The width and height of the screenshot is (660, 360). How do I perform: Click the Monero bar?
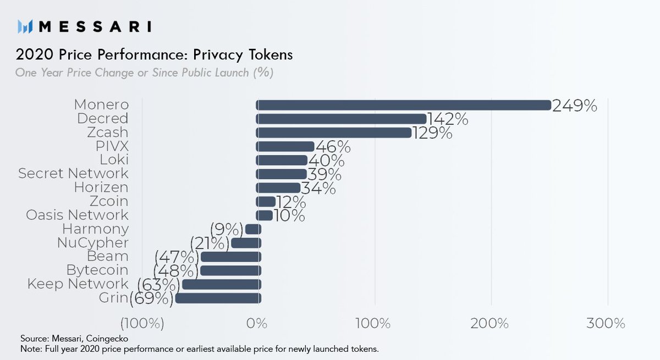tap(404, 105)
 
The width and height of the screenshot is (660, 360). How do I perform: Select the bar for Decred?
tap(342, 119)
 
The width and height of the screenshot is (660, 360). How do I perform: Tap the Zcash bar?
tap(334, 132)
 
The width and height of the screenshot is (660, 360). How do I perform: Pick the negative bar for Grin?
tap(218, 298)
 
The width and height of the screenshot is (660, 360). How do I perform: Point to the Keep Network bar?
tap(221, 284)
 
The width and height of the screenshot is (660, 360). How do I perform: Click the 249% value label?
tap(575, 106)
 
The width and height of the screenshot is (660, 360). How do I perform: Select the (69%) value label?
tap(152, 298)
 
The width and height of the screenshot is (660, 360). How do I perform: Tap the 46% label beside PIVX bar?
tap(333, 147)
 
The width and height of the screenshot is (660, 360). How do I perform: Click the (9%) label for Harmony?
tap(227, 229)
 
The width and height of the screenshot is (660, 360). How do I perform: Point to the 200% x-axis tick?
tap(490, 323)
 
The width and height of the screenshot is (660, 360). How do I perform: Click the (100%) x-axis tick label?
tap(142, 323)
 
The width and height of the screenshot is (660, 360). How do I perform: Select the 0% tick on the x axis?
tap(256, 323)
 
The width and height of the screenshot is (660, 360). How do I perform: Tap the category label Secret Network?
tap(73, 174)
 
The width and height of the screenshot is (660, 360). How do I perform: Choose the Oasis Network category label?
tap(77, 215)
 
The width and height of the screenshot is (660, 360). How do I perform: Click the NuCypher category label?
tap(93, 242)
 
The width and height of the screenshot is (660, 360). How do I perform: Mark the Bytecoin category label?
tap(97, 270)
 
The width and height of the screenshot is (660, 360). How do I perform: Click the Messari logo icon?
tap(26, 26)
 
